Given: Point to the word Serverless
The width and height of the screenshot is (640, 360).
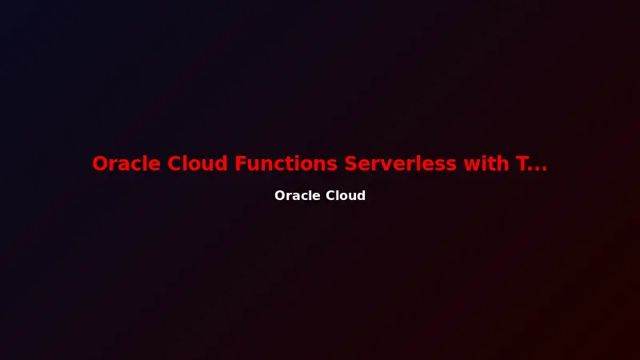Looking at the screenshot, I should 399,164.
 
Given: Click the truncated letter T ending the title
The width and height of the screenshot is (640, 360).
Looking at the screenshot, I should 521,164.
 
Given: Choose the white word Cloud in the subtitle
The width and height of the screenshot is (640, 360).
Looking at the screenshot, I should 345,196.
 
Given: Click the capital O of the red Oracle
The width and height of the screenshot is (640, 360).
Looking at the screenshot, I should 101,164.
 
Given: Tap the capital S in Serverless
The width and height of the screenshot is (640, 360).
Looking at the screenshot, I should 352,164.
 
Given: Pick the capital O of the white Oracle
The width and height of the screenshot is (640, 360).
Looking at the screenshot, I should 280,196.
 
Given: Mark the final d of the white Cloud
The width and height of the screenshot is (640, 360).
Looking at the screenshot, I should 361,196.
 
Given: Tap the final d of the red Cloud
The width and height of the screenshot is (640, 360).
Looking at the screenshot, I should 221,164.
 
